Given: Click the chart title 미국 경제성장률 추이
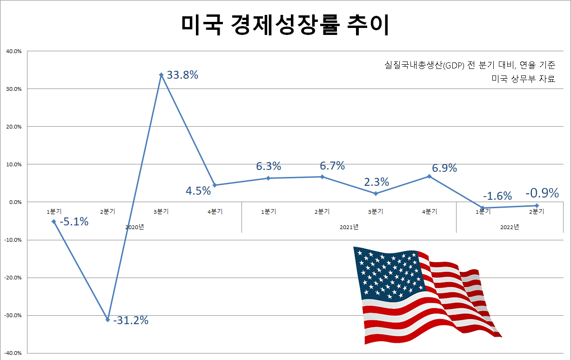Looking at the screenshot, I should [x=285, y=26].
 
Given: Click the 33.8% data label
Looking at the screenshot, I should [x=182, y=75].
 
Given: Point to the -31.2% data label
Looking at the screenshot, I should [x=131, y=320].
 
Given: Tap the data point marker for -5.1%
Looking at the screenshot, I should [x=54, y=222].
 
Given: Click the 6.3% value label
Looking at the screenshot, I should [x=269, y=166].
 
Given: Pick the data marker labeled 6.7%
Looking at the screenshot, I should [x=322, y=177].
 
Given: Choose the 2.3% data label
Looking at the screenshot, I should [x=376, y=182].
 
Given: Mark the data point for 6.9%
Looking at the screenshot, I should [x=429, y=176].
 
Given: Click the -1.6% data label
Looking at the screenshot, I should [x=497, y=196].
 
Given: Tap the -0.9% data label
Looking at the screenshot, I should [x=542, y=193].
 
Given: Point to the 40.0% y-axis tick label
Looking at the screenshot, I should [x=13, y=51].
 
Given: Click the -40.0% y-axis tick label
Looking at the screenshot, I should [x=13, y=353].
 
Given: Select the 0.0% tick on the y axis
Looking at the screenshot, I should [x=14, y=202].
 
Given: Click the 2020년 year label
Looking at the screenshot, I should [x=134, y=227].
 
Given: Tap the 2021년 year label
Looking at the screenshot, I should [x=349, y=227].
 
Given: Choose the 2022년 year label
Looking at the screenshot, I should [x=510, y=227].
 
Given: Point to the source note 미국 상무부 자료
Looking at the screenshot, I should [x=523, y=79].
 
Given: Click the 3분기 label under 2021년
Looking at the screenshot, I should [x=376, y=211].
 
